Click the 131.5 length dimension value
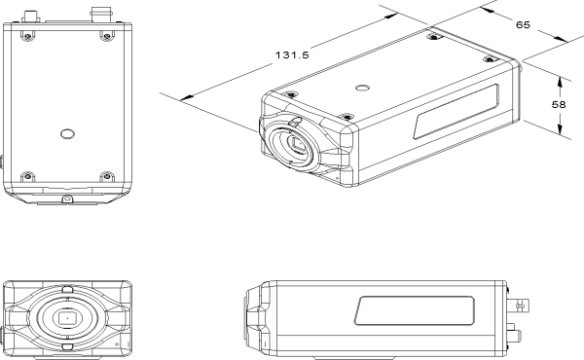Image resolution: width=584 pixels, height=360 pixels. coord(292,55)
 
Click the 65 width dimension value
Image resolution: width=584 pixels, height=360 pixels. coord(523,25)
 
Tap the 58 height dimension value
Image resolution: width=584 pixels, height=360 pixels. coord(559,105)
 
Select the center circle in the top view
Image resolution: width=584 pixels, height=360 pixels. coord(67,133)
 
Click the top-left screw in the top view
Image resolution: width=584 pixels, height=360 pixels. coord(27,36)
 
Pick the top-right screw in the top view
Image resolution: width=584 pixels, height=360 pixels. coord(107,36)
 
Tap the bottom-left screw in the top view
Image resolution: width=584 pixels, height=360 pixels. coord(27,176)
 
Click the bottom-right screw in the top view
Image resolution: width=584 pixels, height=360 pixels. coord(107,176)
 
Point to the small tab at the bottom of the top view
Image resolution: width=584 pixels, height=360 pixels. coord(67,199)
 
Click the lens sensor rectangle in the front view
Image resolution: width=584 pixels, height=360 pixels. coord(67,319)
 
